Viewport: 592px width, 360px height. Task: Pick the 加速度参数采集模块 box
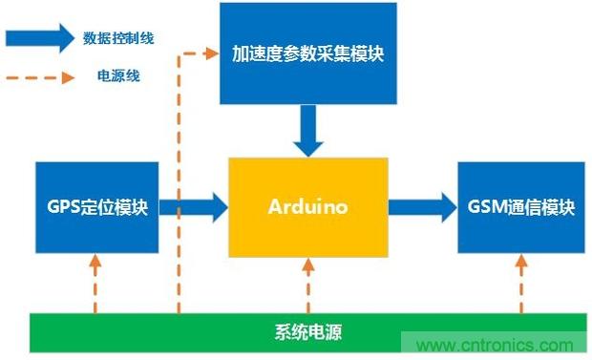307,53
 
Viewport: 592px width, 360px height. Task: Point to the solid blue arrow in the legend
38,37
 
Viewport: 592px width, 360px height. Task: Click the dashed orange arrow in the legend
38,74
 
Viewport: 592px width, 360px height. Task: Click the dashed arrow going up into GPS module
96,283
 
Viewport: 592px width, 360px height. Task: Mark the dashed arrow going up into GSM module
521,283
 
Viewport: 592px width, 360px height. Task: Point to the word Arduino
307,207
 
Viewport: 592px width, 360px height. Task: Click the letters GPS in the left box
59,207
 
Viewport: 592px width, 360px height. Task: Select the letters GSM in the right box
485,207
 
